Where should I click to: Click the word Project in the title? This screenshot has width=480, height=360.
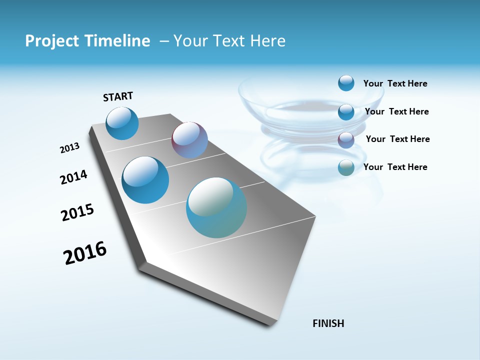point(52,41)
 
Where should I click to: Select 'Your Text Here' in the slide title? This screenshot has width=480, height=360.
point(229,41)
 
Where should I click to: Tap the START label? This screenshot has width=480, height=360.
point(118,96)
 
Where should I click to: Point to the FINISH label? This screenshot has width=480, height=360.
point(328,323)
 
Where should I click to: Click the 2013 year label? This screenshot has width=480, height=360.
point(69,148)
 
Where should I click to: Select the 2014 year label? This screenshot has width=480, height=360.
point(73,177)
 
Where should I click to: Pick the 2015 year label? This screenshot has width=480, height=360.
point(77,212)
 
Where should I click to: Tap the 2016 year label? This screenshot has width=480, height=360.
point(85,253)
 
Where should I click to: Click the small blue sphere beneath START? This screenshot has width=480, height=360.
point(122,123)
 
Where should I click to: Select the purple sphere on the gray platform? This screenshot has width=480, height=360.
point(189,140)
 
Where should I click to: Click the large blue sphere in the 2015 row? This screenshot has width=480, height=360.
point(145,180)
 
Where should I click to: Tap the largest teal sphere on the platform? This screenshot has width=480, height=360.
point(216,207)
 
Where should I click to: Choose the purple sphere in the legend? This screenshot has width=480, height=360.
point(346,140)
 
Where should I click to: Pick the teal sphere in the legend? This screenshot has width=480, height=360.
point(346,167)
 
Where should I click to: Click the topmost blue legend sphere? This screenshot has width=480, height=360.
point(346,83)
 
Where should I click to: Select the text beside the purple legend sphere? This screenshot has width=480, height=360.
point(397,139)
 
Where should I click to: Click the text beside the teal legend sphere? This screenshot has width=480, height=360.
point(395,167)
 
